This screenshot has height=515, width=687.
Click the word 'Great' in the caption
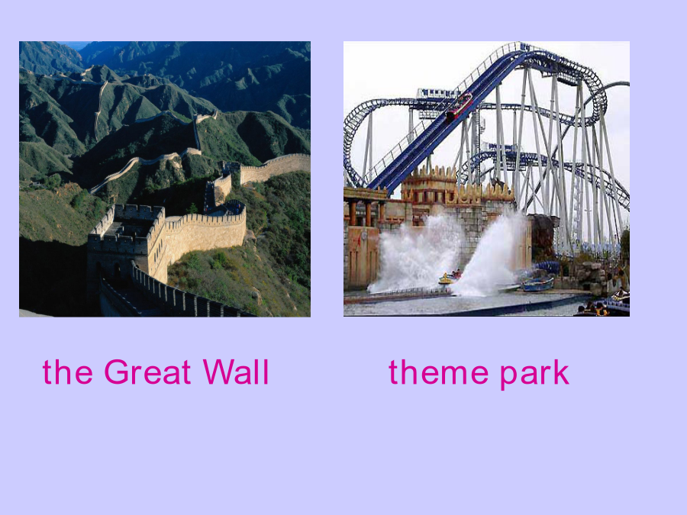[x=147, y=372]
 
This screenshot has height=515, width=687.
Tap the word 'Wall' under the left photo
[x=236, y=372]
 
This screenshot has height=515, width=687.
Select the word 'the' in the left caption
[x=67, y=372]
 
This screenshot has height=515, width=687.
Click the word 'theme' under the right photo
[x=438, y=372]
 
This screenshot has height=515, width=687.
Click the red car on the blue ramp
[x=460, y=106]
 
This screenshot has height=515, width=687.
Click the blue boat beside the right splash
[x=538, y=284]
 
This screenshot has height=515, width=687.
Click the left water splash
[x=414, y=255]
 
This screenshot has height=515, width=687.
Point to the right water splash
[x=492, y=254]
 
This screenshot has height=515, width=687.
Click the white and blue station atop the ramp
[x=437, y=94]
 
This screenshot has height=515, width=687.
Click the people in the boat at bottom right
[x=597, y=308]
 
